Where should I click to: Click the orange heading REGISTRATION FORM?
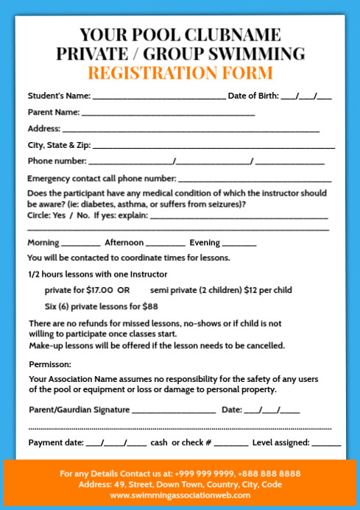pyautogui.click(x=180, y=73)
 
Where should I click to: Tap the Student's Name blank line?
pyautogui.click(x=158, y=97)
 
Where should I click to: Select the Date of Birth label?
pyautogui.click(x=252, y=96)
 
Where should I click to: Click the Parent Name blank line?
pyautogui.click(x=168, y=114)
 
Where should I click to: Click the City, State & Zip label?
pyautogui.click(x=59, y=144)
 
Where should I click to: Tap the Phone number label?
pyautogui.click(x=57, y=160)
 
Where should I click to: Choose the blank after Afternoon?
pyautogui.click(x=166, y=244)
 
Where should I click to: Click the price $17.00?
pyautogui.click(x=99, y=290)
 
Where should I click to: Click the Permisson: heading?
pyautogui.click(x=50, y=364)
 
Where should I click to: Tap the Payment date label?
pyautogui.click(x=55, y=443)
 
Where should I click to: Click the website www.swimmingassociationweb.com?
pyautogui.click(x=180, y=495)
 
